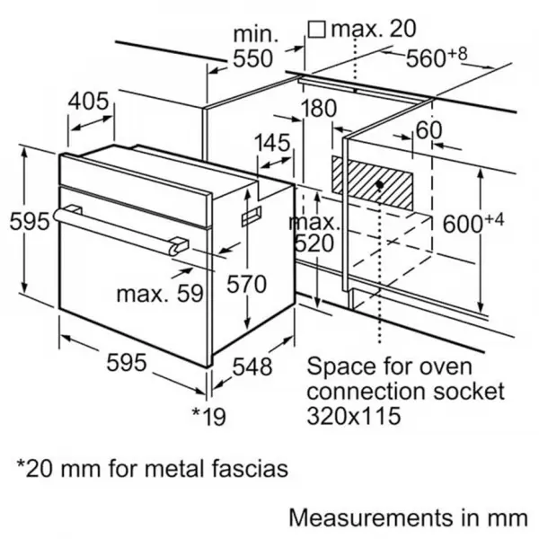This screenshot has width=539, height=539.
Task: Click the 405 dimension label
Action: (x=88, y=102)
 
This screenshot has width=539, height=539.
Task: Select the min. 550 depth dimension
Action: (x=254, y=47)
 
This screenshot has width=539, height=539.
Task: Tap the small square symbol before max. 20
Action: (x=316, y=30)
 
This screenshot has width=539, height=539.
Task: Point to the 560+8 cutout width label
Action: (x=437, y=57)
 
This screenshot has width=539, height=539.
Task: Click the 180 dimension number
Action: (x=319, y=108)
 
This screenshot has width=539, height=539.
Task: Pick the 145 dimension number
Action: (x=272, y=143)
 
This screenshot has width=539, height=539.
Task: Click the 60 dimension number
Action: (x=429, y=130)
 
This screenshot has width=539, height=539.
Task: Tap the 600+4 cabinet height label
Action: (x=473, y=223)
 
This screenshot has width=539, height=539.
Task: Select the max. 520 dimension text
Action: (x=314, y=233)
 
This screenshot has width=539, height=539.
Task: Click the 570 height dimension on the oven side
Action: (x=246, y=284)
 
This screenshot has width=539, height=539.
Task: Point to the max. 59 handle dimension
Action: (x=160, y=294)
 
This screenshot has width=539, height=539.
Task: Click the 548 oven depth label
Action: (x=252, y=367)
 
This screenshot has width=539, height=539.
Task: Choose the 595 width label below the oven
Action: (x=127, y=363)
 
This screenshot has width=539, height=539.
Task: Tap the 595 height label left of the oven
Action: (x=30, y=221)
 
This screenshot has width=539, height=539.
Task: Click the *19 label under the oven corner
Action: (x=208, y=416)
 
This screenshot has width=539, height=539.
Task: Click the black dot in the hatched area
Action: (x=380, y=185)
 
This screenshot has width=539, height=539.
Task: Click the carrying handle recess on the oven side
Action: (x=252, y=216)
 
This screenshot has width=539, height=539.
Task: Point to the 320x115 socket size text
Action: (x=354, y=415)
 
